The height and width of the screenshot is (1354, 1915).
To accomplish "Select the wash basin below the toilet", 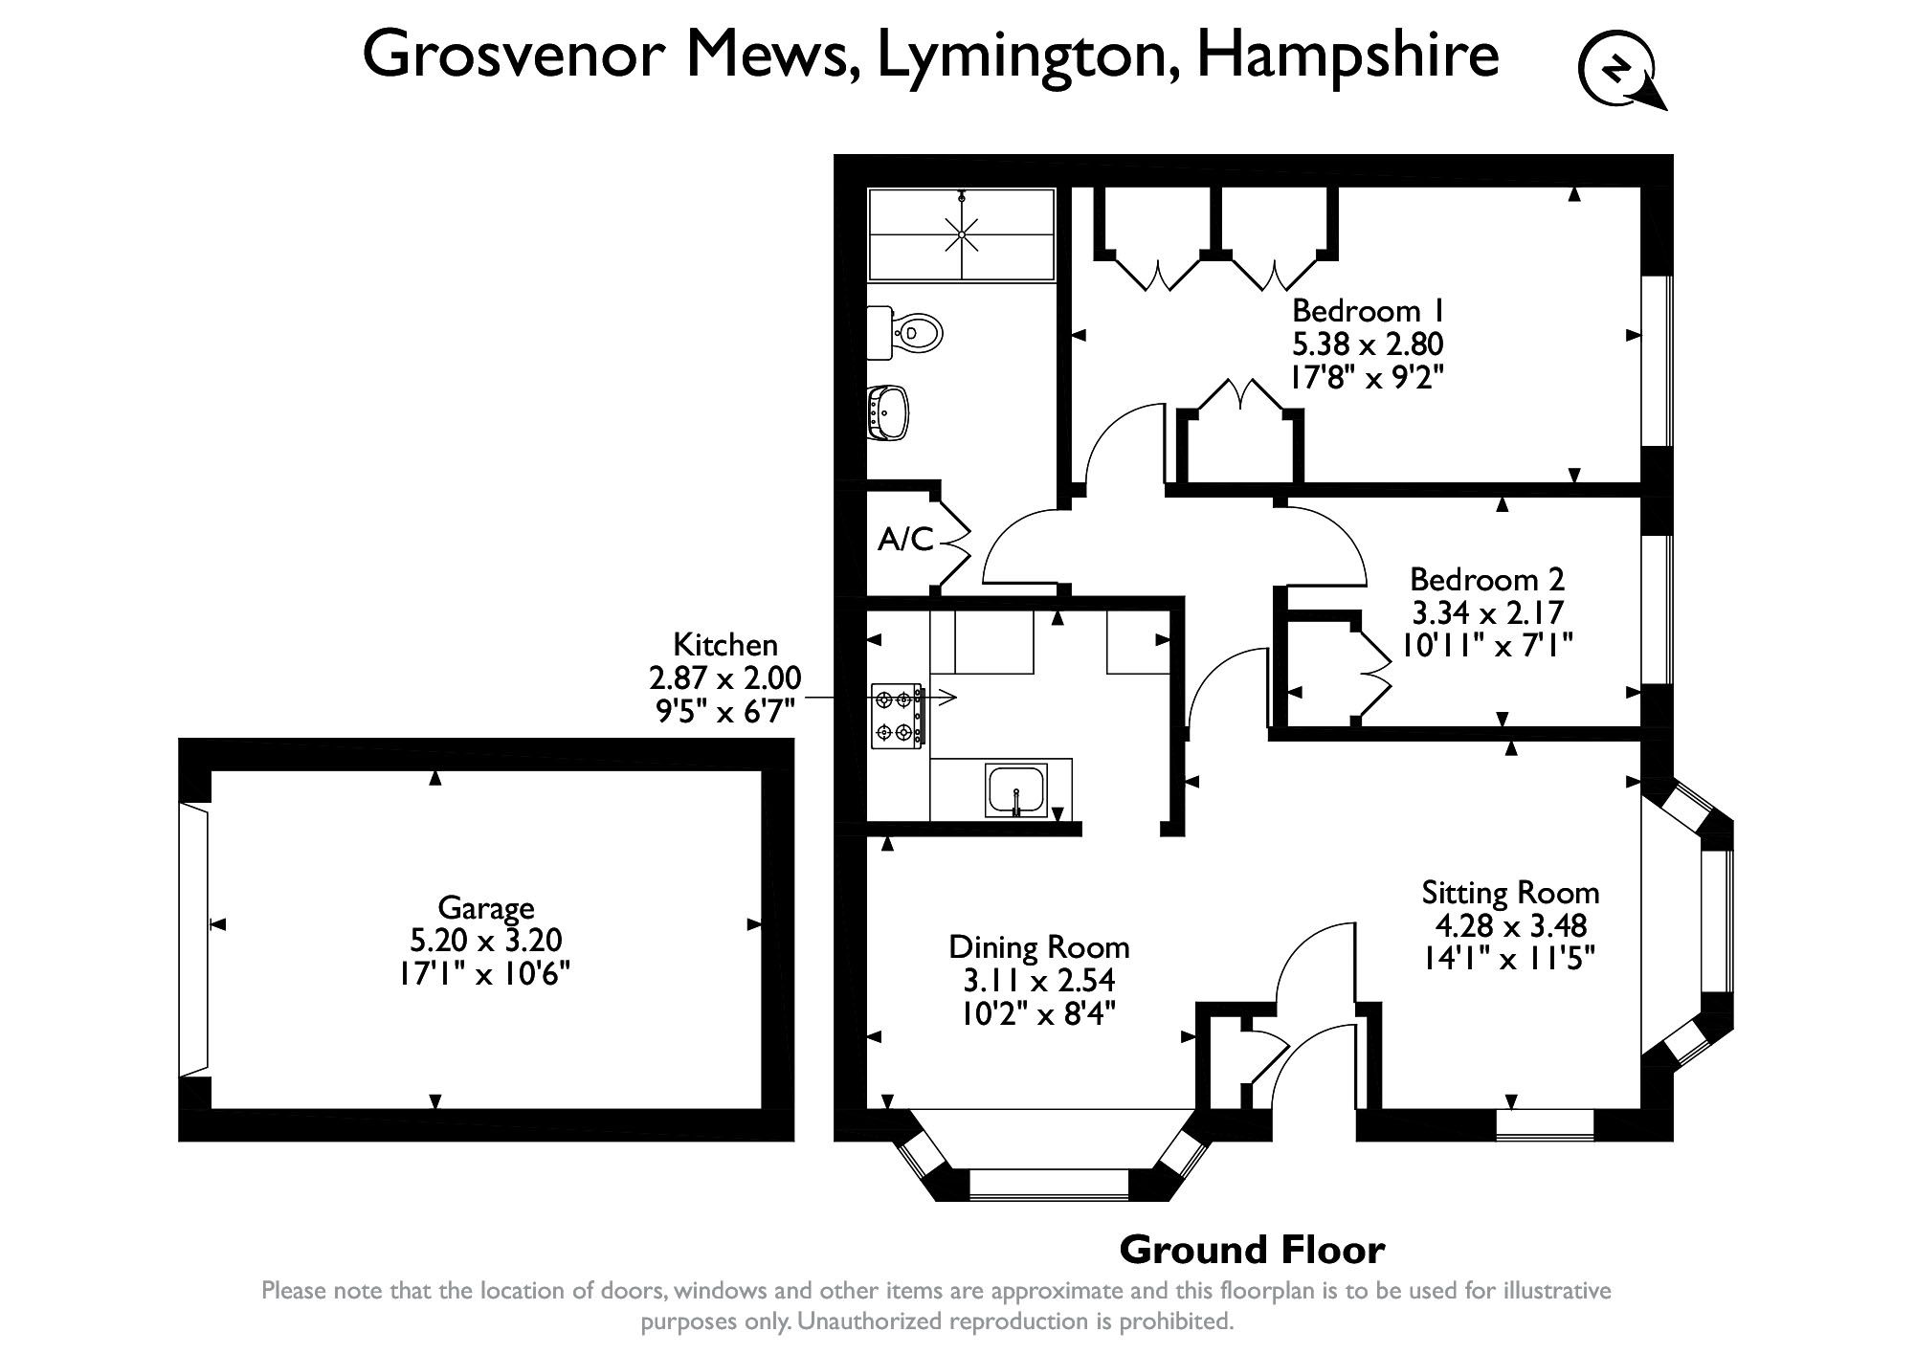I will (889, 412).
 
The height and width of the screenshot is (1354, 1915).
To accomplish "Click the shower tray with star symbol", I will (961, 234).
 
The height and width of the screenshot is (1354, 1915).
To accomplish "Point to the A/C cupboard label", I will (904, 541).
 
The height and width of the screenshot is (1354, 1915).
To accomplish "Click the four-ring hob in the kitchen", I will (897, 715).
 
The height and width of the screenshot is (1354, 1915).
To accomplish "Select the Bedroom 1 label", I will (1368, 311).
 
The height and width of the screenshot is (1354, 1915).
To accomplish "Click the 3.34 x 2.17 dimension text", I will (1487, 612).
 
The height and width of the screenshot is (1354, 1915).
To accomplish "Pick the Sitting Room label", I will (1510, 893).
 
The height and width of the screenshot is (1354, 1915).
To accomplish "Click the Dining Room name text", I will (1039, 947).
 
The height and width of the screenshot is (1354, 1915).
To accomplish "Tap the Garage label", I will (485, 907).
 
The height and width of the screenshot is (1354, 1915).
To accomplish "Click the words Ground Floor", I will (1252, 1250).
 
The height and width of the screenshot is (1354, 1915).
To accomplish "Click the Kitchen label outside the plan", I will (724, 644).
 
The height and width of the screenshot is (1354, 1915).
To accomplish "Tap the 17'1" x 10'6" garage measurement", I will (485, 974).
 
